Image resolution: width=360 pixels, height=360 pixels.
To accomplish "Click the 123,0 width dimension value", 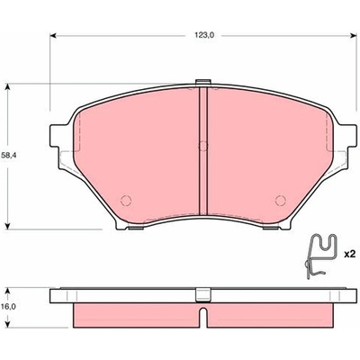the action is [203, 35].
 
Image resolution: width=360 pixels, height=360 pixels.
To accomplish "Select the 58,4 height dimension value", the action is [9, 156].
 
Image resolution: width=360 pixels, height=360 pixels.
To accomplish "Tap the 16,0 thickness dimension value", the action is [9, 307].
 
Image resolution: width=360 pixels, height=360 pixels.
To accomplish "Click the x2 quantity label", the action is [349, 255].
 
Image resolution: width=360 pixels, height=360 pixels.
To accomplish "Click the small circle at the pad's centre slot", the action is [203, 146].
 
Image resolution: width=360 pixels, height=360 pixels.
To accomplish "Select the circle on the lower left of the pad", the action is [126, 201].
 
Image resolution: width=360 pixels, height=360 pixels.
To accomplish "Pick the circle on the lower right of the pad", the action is [281, 201].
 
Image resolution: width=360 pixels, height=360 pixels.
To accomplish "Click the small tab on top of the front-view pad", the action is [203, 82].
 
